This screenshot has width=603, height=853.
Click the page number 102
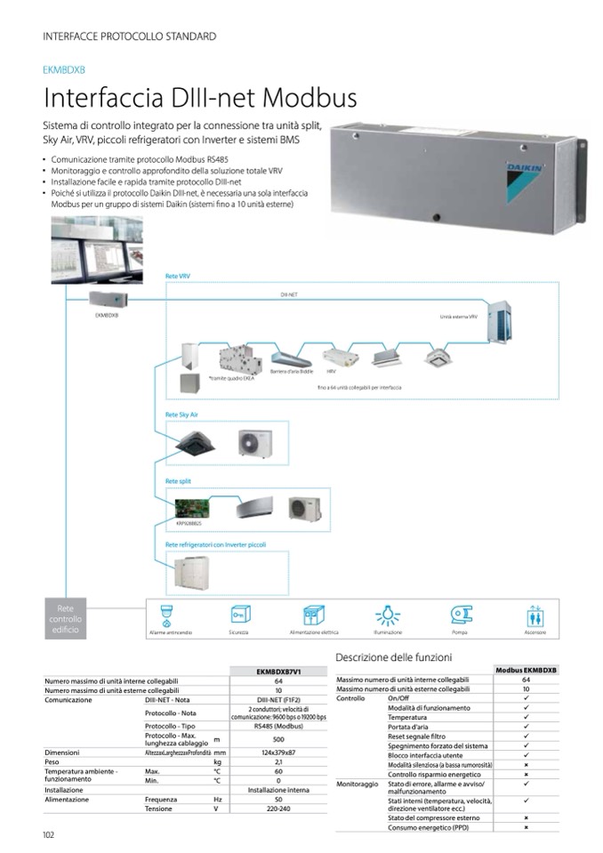(49, 833)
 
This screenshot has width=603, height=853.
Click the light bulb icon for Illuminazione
(387, 616)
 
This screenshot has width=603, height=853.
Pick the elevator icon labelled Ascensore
(535, 616)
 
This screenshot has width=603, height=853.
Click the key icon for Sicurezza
(238, 616)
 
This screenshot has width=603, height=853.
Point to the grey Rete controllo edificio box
(65, 618)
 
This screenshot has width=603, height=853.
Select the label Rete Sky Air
(181, 414)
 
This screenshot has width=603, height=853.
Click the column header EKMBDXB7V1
(278, 672)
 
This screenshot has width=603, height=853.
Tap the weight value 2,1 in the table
(278, 761)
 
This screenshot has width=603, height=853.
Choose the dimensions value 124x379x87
(278, 752)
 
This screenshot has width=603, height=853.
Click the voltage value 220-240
(278, 809)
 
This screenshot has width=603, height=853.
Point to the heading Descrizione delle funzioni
(394, 656)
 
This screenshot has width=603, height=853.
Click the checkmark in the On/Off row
(526, 698)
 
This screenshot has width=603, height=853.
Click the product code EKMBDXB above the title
(64, 69)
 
